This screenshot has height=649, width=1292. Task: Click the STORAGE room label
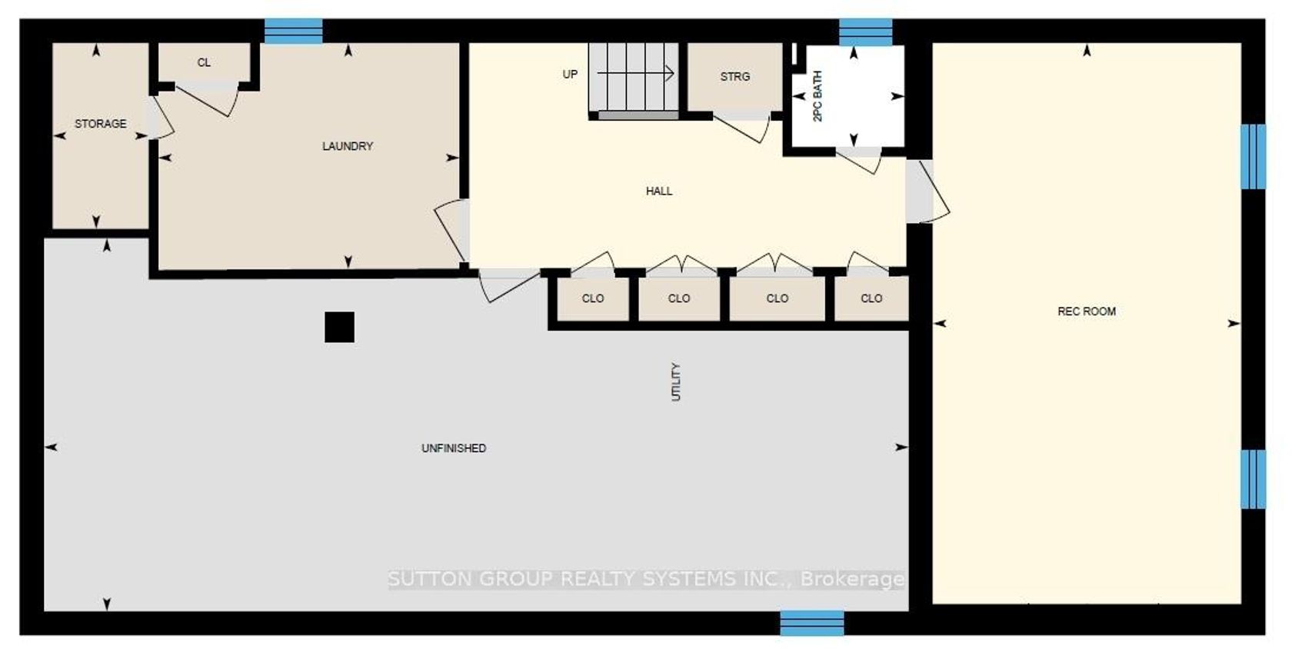coord(100,124)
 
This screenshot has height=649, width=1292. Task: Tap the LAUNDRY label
coord(348,146)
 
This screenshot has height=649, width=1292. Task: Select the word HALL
coord(658,191)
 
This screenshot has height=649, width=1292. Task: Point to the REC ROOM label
coord(1086,311)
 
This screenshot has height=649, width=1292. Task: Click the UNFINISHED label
coord(454,448)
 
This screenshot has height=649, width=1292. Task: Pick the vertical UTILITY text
coord(676,382)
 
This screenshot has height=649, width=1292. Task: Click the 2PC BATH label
coord(817,96)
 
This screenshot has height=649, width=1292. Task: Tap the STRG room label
coord(735,77)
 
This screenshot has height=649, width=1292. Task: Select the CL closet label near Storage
coord(204,62)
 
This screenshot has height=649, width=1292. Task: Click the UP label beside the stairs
coord(570,75)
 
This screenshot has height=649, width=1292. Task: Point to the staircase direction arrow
coord(635,73)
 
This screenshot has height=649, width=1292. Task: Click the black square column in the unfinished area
coord(339,327)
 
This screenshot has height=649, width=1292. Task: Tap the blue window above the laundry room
coord(293,32)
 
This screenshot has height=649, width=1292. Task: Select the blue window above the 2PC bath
coord(865,32)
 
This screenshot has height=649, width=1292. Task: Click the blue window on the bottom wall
coord(811,623)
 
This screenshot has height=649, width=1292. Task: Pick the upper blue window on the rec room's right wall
coord(1253,156)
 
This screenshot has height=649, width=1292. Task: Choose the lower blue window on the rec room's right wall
coord(1253,479)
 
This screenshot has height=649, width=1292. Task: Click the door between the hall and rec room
coord(927,191)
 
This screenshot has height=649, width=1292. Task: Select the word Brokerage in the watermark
coord(852,579)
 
